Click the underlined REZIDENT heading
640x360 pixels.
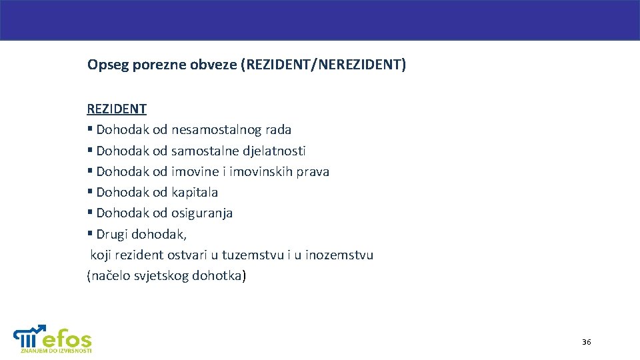tap(117, 109)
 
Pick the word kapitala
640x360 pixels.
tap(195, 192)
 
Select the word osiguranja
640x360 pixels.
tap(202, 213)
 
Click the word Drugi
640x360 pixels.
tap(112, 234)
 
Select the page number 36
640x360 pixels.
tap(586, 342)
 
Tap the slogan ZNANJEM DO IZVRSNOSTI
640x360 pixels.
tap(56, 350)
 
